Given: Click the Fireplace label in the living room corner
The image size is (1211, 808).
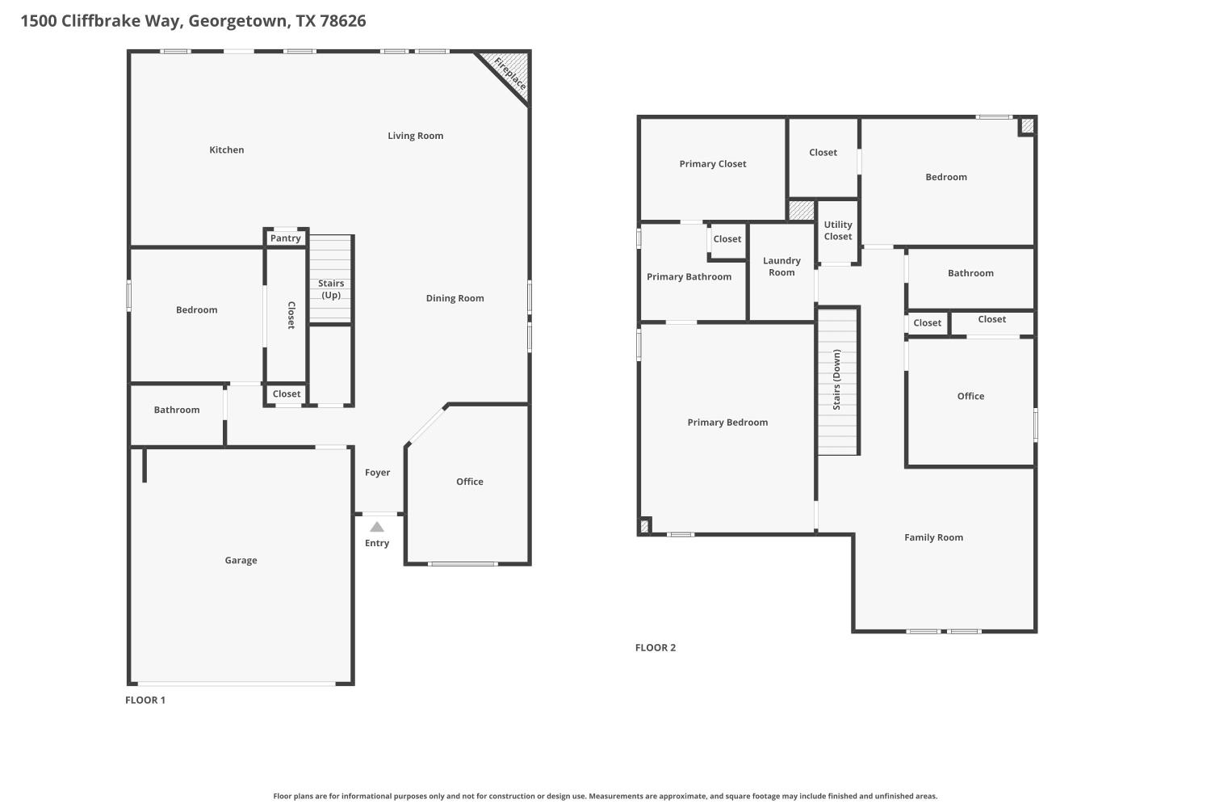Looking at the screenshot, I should (x=510, y=74).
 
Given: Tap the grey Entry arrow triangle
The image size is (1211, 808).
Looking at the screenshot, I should (x=377, y=527).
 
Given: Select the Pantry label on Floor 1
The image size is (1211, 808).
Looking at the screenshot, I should (x=285, y=238).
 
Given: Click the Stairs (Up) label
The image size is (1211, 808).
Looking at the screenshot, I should (x=331, y=289).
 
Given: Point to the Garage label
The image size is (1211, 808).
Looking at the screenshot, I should (x=241, y=560).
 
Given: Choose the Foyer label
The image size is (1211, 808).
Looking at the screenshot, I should (x=377, y=473).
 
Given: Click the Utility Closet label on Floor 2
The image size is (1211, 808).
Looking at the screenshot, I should (x=837, y=231).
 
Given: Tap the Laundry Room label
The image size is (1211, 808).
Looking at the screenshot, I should (x=781, y=267).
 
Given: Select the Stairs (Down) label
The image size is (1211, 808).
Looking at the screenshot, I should (x=836, y=380).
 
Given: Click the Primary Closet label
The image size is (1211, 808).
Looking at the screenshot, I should (x=713, y=164).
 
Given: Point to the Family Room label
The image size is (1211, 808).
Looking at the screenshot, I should (x=933, y=537).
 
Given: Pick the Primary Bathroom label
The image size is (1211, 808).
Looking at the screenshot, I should (x=689, y=277).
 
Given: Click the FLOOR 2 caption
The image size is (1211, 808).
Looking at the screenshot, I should (x=656, y=647).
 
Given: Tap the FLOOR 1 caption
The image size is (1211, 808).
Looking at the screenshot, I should (x=145, y=700).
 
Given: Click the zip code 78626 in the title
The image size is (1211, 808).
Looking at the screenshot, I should (x=343, y=21).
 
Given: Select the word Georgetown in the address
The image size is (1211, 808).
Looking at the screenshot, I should (x=238, y=21).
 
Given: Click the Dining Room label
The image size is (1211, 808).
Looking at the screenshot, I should (x=455, y=298).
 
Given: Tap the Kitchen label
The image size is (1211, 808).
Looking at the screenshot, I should (x=226, y=149).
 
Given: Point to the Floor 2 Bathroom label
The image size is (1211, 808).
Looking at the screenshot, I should (x=970, y=273).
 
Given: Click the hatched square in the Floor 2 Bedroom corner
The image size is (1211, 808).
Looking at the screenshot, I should (x=1027, y=126).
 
